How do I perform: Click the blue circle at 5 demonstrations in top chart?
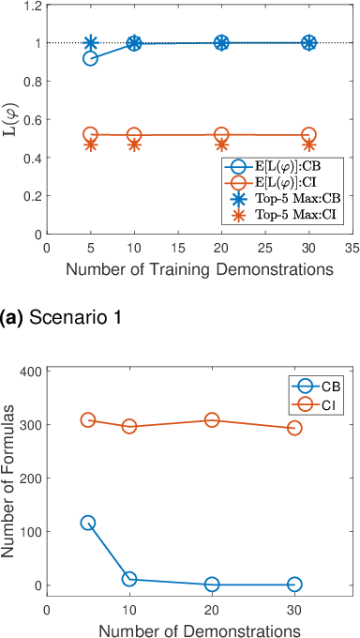point(91,58)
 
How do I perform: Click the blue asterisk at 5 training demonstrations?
point(91,43)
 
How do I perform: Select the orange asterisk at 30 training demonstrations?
point(309,144)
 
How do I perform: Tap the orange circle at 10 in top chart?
point(134,135)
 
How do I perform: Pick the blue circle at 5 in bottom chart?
point(88,523)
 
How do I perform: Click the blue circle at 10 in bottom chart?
point(129,579)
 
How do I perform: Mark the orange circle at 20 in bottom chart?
point(212,420)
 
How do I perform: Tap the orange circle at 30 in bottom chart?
point(294,428)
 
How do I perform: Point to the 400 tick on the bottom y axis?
point(33,372)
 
